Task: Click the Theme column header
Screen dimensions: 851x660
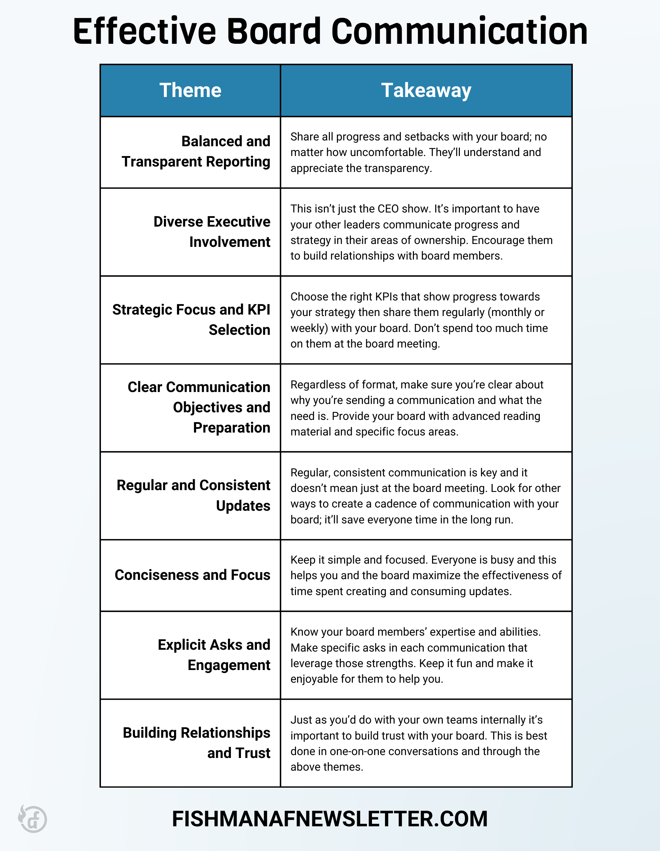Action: pos(190,90)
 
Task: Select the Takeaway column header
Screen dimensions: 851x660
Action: pos(426,90)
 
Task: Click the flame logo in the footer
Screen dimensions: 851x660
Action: pos(32,818)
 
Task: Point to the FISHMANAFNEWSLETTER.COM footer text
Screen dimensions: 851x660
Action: pos(330,819)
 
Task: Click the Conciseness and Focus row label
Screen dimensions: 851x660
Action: pos(192,575)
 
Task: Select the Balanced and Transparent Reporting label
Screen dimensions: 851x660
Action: pos(196,152)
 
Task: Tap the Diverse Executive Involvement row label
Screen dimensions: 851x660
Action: pos(212,232)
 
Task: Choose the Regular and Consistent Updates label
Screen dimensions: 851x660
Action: pos(194,495)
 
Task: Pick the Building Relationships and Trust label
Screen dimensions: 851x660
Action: pos(197,743)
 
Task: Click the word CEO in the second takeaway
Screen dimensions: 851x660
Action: pos(388,209)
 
